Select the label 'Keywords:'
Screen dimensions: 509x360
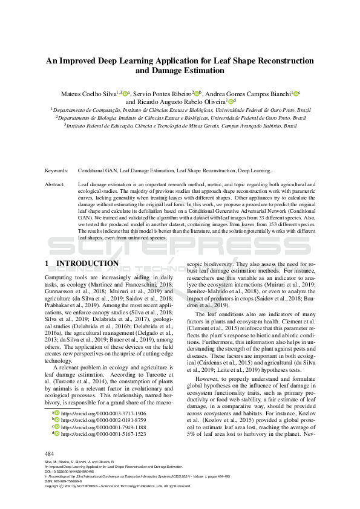click(57, 171)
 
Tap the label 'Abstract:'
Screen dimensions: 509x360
click(56, 183)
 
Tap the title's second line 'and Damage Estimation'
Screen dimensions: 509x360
click(180, 71)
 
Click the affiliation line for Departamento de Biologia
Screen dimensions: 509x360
click(180, 118)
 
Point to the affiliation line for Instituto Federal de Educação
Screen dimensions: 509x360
click(180, 126)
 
